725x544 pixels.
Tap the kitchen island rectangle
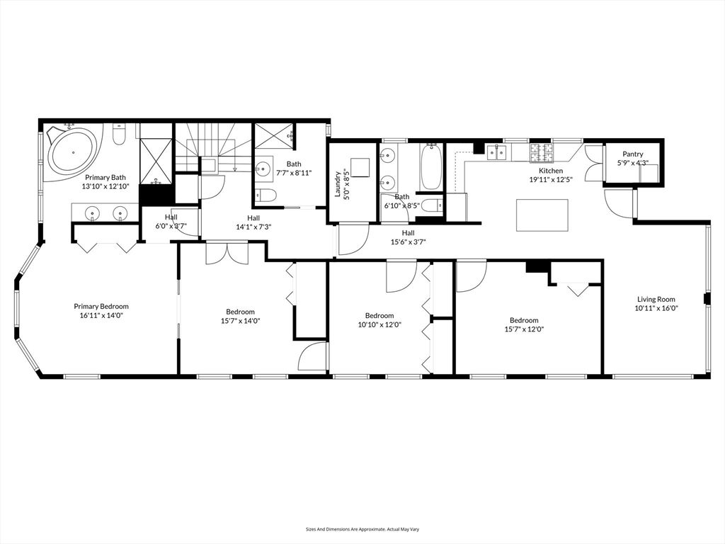(542, 215)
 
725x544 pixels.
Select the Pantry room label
(632, 154)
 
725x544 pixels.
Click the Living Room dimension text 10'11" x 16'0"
(656, 308)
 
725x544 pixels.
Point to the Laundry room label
(338, 184)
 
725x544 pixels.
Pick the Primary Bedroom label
(101, 306)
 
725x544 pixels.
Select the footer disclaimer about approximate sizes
(362, 529)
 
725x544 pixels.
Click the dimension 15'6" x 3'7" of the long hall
(408, 242)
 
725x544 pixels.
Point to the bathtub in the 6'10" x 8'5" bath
(431, 166)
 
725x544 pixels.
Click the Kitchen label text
(551, 171)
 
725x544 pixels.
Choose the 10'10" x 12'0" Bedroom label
(379, 320)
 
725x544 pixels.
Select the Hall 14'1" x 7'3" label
(253, 222)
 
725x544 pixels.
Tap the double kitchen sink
(496, 152)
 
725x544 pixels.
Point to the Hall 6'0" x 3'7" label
(171, 221)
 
